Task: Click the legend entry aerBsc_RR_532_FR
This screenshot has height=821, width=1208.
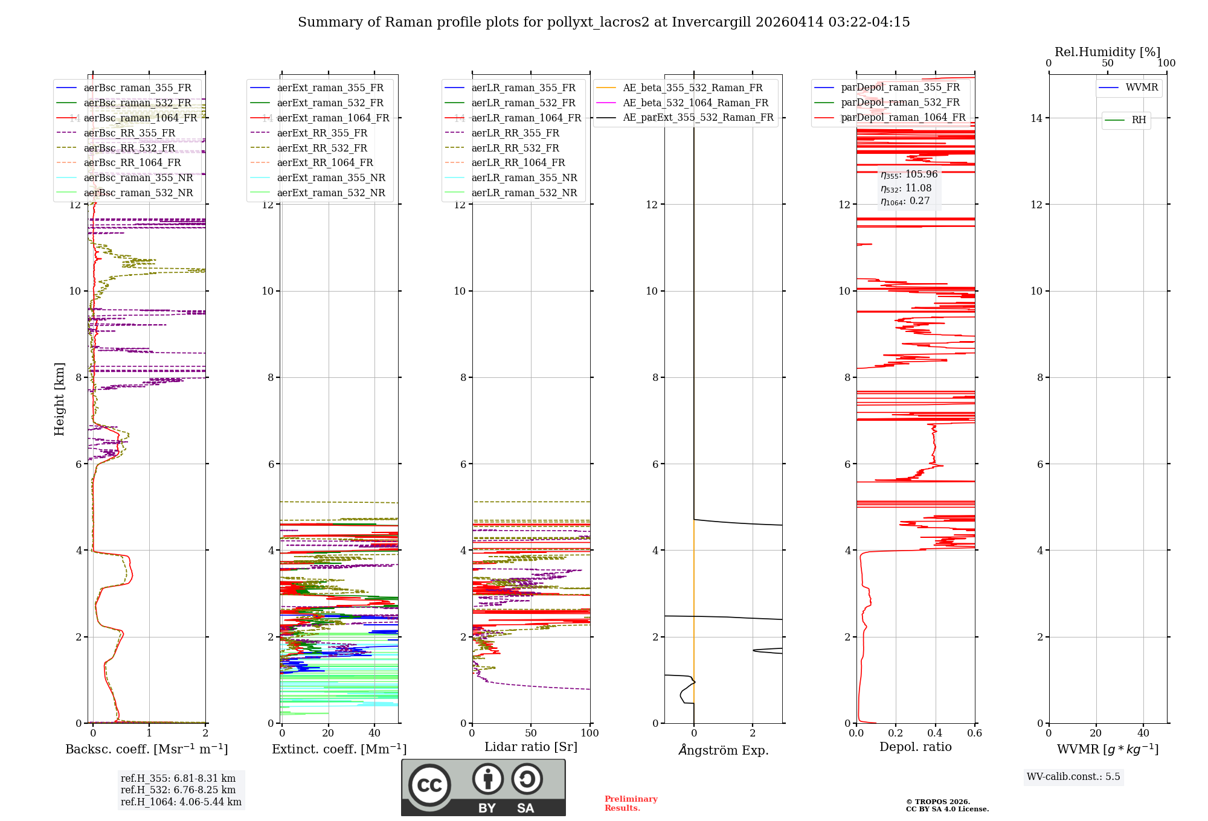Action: click(x=129, y=148)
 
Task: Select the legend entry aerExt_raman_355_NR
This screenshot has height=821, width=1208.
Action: click(x=331, y=178)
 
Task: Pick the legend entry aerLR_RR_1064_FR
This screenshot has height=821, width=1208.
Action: click(x=518, y=163)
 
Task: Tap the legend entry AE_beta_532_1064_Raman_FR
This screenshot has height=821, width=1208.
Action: click(x=695, y=103)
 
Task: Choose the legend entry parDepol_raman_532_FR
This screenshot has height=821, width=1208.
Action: click(x=900, y=103)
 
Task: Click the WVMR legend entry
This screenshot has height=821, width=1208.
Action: click(x=1142, y=88)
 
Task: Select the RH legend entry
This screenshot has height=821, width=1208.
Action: click(x=1139, y=120)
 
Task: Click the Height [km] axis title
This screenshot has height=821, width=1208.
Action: click(x=59, y=399)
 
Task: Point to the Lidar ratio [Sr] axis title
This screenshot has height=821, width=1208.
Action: click(x=531, y=747)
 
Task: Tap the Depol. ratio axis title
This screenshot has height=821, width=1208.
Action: click(x=915, y=747)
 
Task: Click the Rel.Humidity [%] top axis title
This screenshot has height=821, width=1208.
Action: click(x=1107, y=52)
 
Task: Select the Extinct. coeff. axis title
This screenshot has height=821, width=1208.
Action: click(x=339, y=749)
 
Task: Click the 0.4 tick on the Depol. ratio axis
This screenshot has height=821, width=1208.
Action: click(x=935, y=733)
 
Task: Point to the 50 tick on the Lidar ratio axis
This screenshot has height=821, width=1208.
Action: click(x=531, y=733)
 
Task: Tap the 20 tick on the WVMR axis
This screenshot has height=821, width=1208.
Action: click(x=1096, y=733)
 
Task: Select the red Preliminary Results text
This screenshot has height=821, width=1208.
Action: click(x=631, y=803)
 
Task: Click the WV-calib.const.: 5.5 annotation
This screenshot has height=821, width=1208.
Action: click(x=1073, y=777)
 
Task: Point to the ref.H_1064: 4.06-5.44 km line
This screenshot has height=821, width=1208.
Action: click(x=181, y=802)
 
